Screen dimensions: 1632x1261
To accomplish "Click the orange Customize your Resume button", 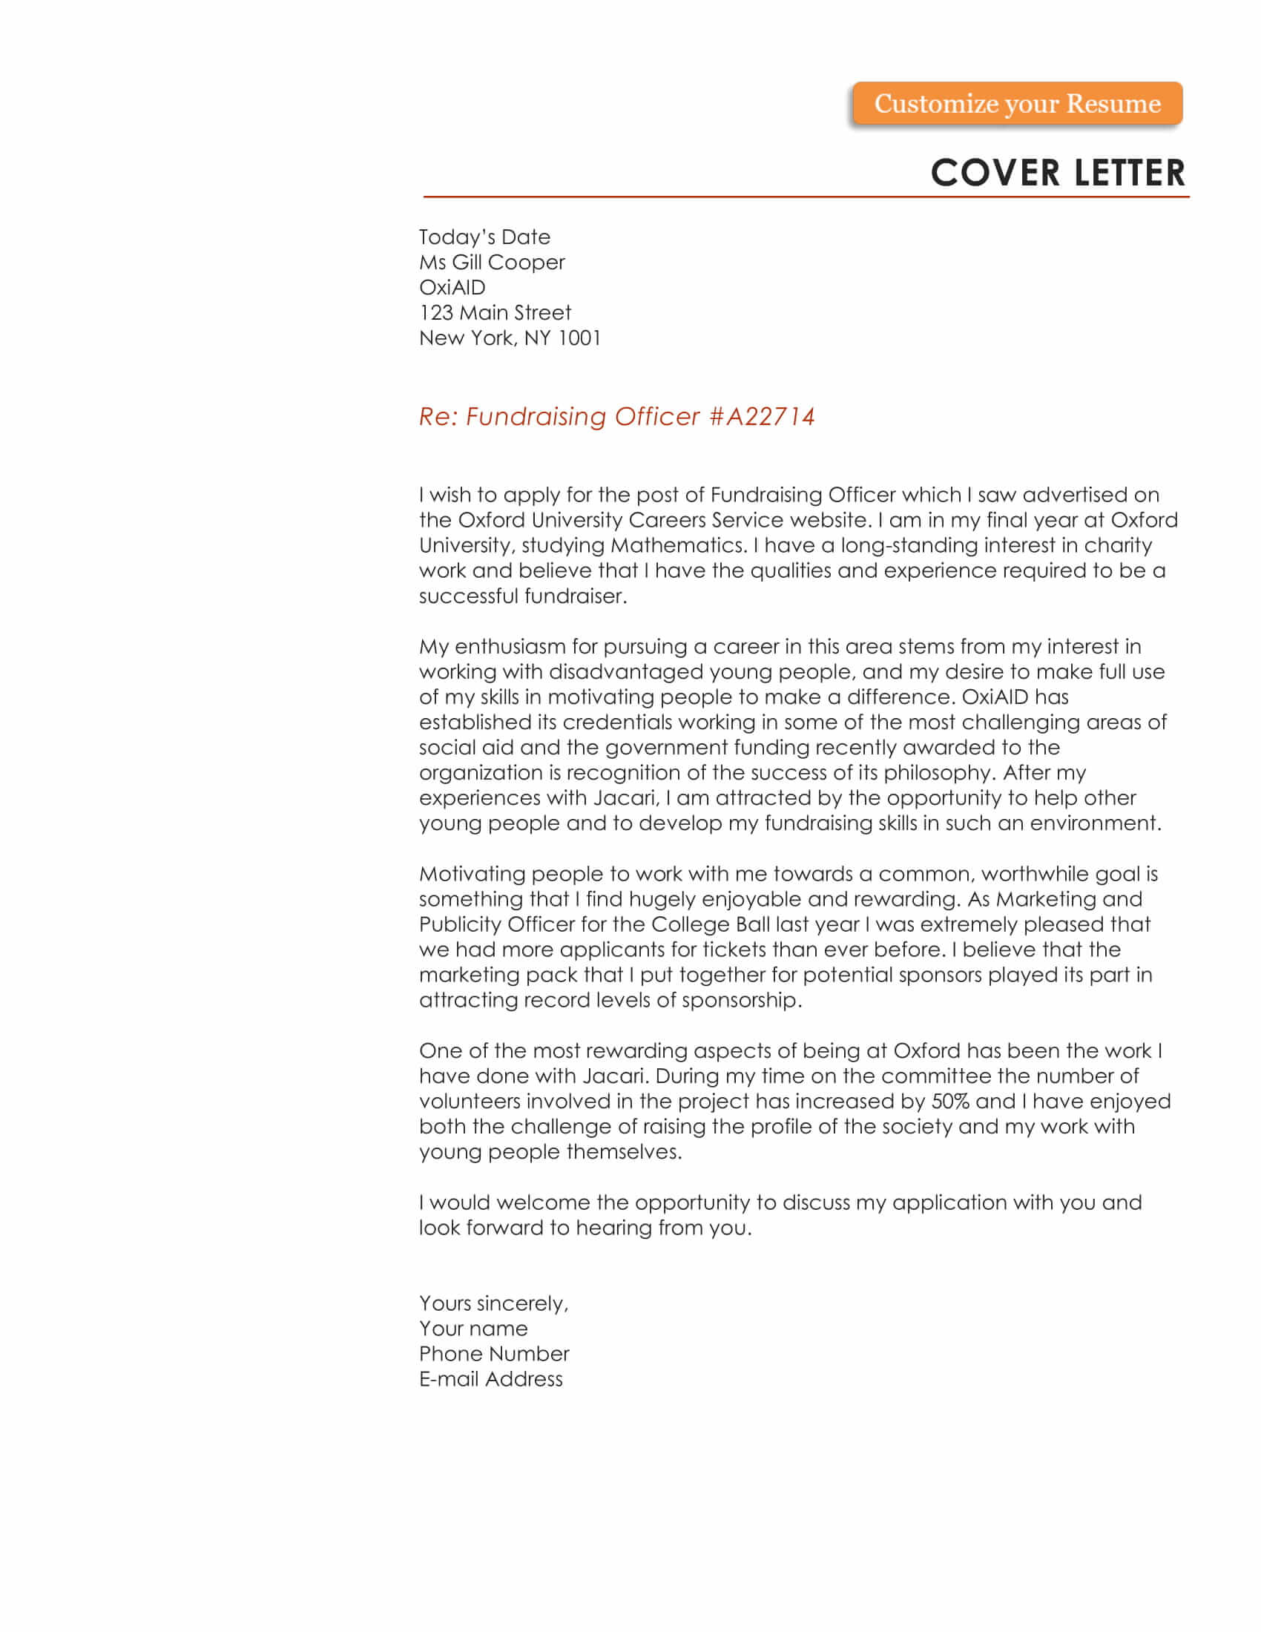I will point(1017,104).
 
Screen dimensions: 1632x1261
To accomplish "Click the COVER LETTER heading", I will point(1057,173).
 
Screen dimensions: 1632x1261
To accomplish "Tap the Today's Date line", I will point(484,237).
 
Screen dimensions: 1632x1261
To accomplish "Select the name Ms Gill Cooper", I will point(492,263).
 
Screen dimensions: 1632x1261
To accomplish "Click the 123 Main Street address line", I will point(495,312).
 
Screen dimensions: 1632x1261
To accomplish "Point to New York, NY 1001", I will point(510,338).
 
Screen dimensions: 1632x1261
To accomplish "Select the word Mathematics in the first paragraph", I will point(676,545).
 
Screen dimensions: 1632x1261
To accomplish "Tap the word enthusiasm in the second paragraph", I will point(510,646).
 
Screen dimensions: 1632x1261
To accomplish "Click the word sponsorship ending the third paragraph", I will point(740,1000).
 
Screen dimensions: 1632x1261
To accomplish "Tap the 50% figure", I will point(950,1101).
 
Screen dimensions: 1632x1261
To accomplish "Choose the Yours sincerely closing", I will point(494,1303).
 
